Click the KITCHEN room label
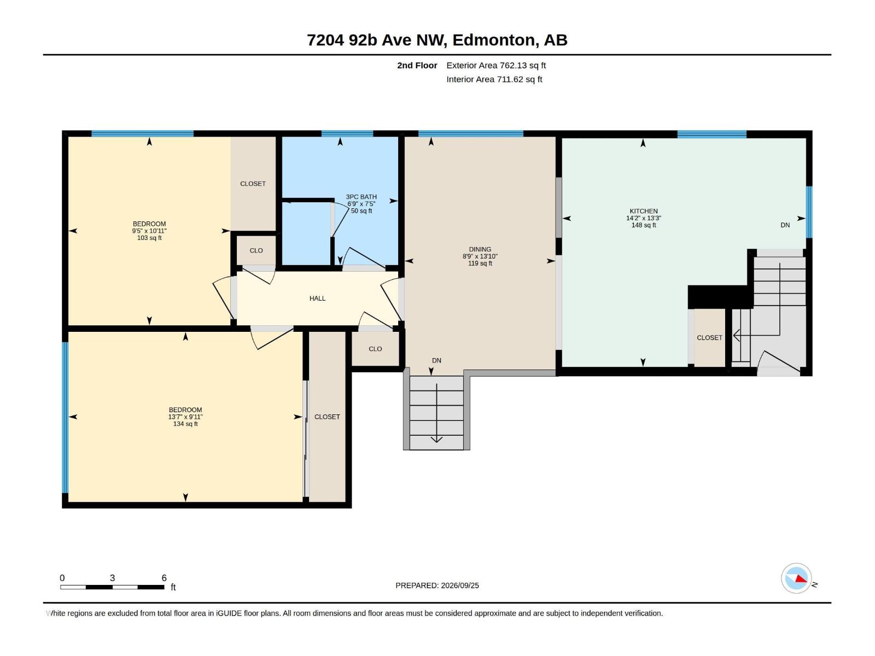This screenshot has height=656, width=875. coord(643,211)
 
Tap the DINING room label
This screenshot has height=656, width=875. coord(480,249)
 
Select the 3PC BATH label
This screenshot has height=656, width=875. coord(361,197)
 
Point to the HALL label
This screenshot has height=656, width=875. coord(317,298)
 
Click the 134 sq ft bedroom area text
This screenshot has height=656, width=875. coord(185,424)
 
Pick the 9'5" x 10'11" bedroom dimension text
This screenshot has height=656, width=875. coord(149,231)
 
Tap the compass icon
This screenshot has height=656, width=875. coord(796,578)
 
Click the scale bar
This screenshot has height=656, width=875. coord(113,587)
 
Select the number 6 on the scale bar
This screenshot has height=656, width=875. coord(164,578)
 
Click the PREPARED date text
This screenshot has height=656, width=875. coord(437,585)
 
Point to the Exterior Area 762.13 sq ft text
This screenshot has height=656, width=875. coord(496,65)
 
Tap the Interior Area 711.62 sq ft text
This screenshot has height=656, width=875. coord(494,79)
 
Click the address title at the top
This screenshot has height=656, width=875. coord(437,40)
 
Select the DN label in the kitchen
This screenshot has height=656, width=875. coord(785,225)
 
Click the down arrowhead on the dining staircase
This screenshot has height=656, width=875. coord(436,440)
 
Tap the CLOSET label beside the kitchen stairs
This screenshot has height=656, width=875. coord(709,338)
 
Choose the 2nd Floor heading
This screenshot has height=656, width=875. coord(417,65)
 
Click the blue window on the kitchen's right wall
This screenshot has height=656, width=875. coord(809,212)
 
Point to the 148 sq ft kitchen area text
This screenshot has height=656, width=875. coord(643,225)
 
